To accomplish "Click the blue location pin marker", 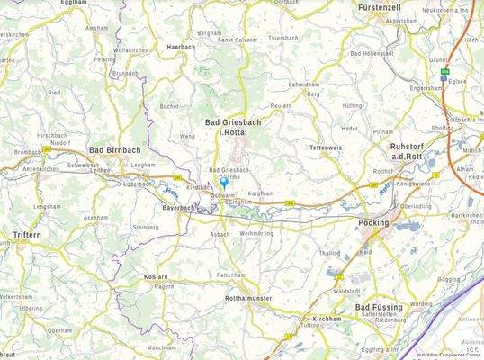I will [223, 183].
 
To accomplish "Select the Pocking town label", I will [373, 221].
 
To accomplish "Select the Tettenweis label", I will [326, 146].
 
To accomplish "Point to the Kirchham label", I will [322, 319].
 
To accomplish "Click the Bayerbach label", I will [179, 208].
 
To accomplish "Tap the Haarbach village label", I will [181, 46].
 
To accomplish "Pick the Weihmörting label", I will [256, 233].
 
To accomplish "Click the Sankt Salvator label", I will [238, 40].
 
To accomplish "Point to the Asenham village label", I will [95, 218].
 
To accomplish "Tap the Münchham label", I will [161, 347].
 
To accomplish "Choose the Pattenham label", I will [230, 274].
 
